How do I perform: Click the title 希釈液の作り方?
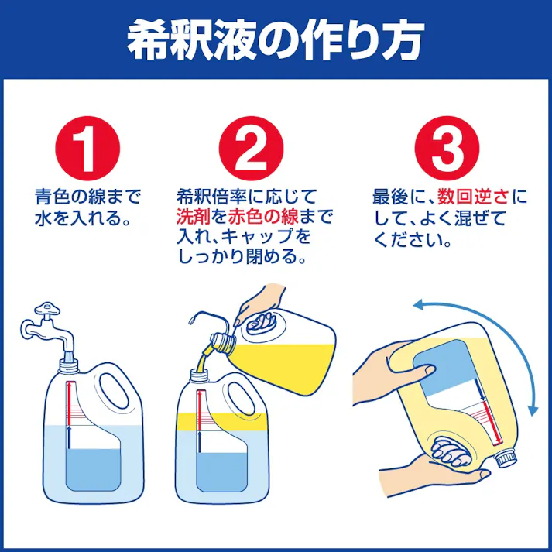(x=275, y=40)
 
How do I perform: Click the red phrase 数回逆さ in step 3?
(x=464, y=197)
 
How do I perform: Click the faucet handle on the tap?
(x=48, y=310)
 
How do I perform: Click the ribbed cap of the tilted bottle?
(x=504, y=458)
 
